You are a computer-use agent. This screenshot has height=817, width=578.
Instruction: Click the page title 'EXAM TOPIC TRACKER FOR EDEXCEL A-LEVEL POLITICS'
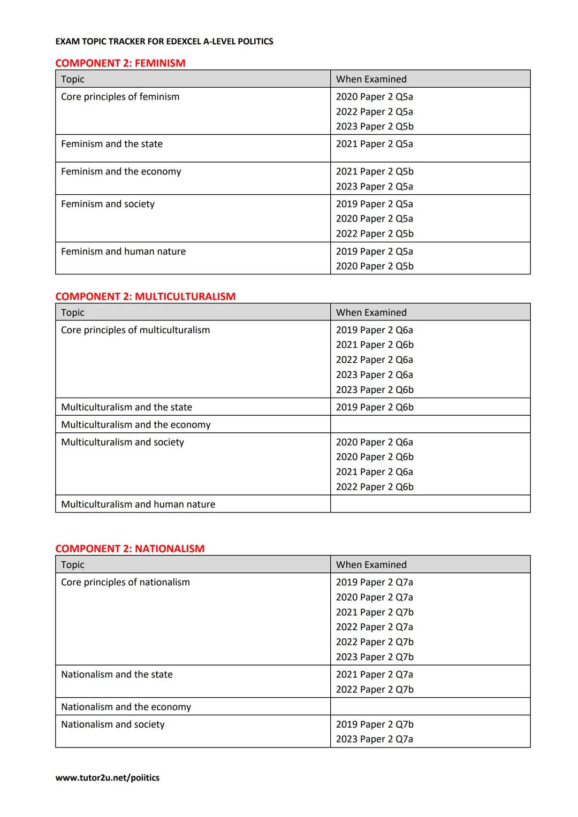tap(164, 41)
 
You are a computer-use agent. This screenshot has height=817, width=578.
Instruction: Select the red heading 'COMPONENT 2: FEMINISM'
tap(120, 63)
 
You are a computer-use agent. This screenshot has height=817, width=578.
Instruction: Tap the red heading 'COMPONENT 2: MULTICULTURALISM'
tap(145, 296)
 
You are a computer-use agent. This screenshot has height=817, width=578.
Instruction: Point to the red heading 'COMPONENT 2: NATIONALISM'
tap(130, 548)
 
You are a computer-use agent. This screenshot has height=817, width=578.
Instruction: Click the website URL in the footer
tap(107, 777)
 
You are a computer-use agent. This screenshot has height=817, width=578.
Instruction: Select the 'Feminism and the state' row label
tap(112, 144)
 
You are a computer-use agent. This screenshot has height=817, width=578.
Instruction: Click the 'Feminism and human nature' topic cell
tap(123, 251)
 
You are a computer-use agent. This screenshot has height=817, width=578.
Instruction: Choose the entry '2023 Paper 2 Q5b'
tap(375, 126)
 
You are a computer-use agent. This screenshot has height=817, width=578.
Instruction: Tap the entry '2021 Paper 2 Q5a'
tap(375, 144)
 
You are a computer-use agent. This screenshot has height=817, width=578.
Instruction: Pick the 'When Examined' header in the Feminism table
tap(371, 79)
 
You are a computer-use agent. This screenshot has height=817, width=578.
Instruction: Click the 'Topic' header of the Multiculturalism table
tap(73, 312)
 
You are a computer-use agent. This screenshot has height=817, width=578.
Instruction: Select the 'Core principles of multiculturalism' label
tap(135, 330)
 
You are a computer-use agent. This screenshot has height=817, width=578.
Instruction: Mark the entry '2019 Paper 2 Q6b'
tap(375, 407)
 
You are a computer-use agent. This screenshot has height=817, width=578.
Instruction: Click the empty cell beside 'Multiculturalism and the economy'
tap(430, 424)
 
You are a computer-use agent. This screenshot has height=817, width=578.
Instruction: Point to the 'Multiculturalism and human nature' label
tap(138, 504)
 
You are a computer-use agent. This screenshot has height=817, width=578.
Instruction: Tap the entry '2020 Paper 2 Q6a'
tap(375, 442)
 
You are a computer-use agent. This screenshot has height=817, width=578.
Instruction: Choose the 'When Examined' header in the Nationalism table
tap(371, 564)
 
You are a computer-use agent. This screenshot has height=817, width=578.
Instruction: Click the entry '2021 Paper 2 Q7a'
tap(375, 674)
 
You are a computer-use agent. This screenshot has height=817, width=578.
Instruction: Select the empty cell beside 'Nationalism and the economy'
tap(430, 706)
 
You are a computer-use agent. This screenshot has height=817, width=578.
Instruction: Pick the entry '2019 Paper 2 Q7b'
tap(375, 724)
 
